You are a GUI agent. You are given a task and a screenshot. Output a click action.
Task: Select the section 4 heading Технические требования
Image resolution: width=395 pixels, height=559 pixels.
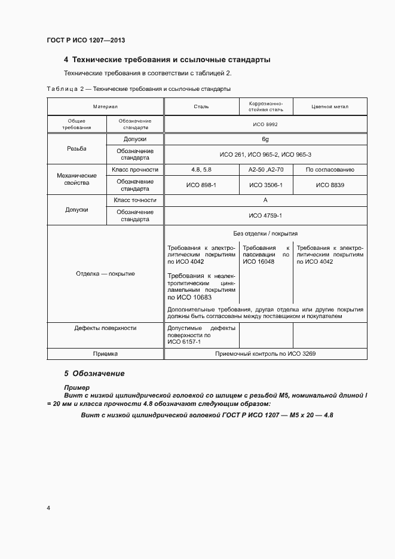pyautogui.click(x=167, y=60)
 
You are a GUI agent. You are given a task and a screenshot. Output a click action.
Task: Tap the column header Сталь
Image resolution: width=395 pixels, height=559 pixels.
pyautogui.click(x=201, y=107)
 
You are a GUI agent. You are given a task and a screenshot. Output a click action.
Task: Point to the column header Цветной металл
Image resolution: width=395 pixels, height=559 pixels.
pyautogui.click(x=330, y=107)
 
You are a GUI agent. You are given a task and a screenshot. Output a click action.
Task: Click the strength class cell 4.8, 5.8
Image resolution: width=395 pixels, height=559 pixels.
pyautogui.click(x=201, y=170)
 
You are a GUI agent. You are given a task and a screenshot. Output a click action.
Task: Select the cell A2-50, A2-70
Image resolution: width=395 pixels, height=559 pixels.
pyautogui.click(x=266, y=170)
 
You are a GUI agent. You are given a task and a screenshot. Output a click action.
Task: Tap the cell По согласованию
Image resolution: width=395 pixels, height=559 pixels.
pyautogui.click(x=330, y=170)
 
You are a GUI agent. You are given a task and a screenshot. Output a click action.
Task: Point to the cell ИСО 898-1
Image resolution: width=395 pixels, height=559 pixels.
pyautogui.click(x=201, y=185)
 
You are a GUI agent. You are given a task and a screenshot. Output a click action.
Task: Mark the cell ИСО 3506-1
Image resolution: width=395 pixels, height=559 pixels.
pyautogui.click(x=266, y=185)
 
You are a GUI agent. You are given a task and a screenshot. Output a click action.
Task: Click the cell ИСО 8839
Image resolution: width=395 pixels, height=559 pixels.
pyautogui.click(x=330, y=185)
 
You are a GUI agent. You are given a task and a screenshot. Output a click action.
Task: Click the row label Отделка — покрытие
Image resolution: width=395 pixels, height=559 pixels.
pyautogui.click(x=105, y=274)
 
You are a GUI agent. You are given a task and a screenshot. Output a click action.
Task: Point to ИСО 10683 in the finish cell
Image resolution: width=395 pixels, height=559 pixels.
pyautogui.click(x=189, y=297)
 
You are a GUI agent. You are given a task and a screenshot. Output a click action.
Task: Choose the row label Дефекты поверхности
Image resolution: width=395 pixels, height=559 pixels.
pyautogui.click(x=105, y=328)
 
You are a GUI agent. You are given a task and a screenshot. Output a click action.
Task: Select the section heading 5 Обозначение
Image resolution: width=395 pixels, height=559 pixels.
pyautogui.click(x=94, y=373)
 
